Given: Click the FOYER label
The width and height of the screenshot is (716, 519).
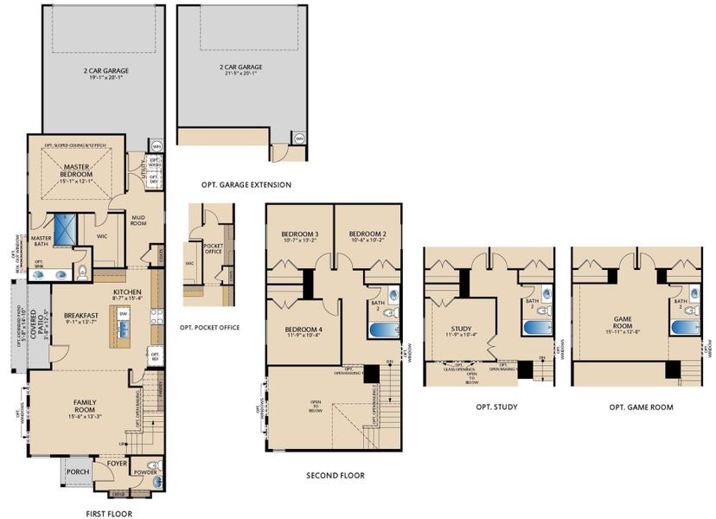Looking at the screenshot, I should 115,465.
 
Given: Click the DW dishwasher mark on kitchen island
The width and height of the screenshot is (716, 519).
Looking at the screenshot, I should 124,314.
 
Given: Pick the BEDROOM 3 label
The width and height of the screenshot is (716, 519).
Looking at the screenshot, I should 299,234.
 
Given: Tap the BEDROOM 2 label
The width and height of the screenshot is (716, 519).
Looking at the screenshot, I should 368,234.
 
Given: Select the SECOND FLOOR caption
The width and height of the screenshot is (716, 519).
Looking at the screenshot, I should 336,475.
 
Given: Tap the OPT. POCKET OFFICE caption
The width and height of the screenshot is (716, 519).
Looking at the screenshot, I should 208,327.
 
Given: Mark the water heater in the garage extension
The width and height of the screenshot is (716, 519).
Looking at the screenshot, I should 299,138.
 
